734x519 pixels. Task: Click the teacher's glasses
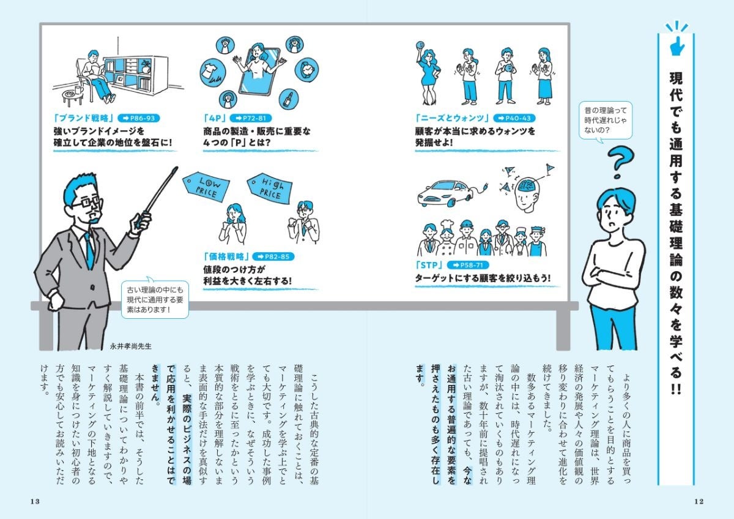click(x=86, y=202)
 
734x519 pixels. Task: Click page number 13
click(x=34, y=501)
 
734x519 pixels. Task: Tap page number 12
click(x=699, y=501)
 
